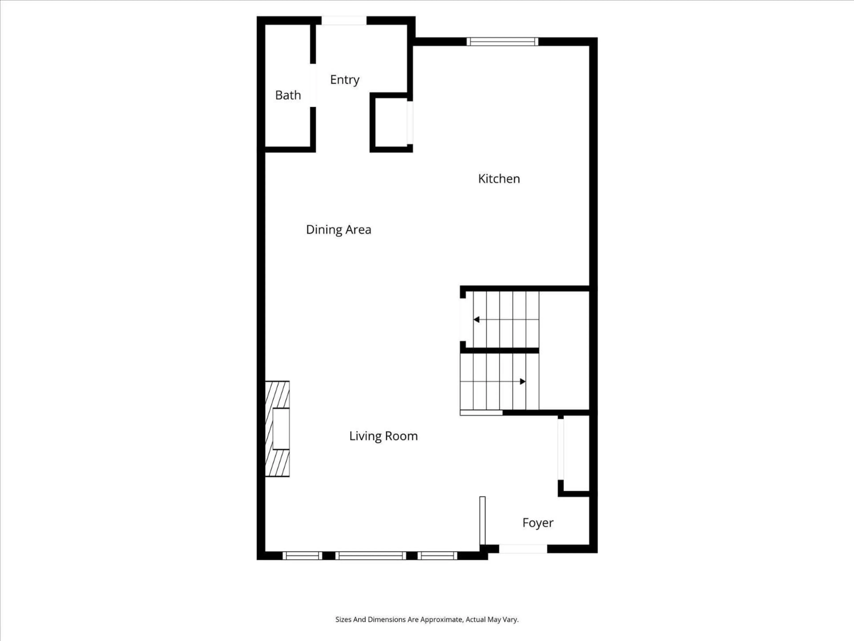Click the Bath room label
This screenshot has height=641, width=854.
(x=288, y=95)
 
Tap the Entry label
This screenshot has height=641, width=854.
(x=344, y=80)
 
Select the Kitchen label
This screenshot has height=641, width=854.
(x=499, y=179)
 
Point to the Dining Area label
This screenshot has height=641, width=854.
(x=338, y=229)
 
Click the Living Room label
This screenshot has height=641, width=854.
(x=383, y=436)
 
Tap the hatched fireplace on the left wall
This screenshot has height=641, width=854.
(x=277, y=429)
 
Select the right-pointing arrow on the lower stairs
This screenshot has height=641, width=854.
(x=522, y=381)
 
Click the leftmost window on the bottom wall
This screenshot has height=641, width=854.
(x=302, y=556)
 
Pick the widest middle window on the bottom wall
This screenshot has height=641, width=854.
(x=371, y=556)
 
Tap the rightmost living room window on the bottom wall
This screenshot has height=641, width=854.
(x=437, y=556)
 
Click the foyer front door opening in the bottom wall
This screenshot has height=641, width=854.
(x=523, y=549)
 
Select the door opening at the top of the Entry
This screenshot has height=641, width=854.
(x=344, y=20)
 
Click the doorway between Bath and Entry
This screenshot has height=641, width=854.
(x=313, y=85)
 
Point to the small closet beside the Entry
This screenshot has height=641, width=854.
(x=391, y=123)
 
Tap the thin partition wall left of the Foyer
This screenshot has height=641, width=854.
(x=482, y=521)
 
